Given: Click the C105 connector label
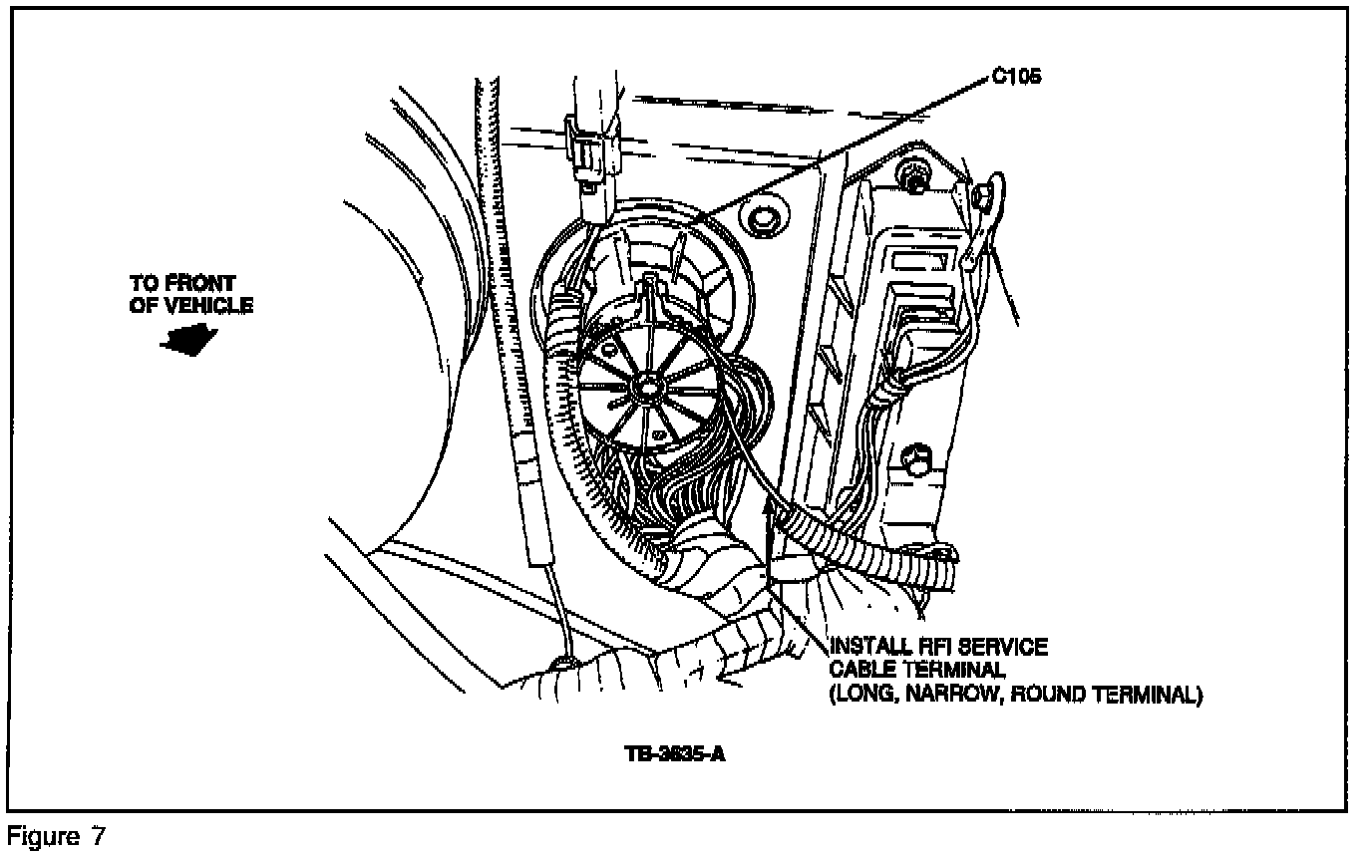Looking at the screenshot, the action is tap(1017, 77).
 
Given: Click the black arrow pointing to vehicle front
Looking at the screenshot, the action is tap(189, 340).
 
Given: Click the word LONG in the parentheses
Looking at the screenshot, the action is tap(863, 695).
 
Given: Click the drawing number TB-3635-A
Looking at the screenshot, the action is tap(675, 754).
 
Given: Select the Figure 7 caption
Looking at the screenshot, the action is tap(57, 835).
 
